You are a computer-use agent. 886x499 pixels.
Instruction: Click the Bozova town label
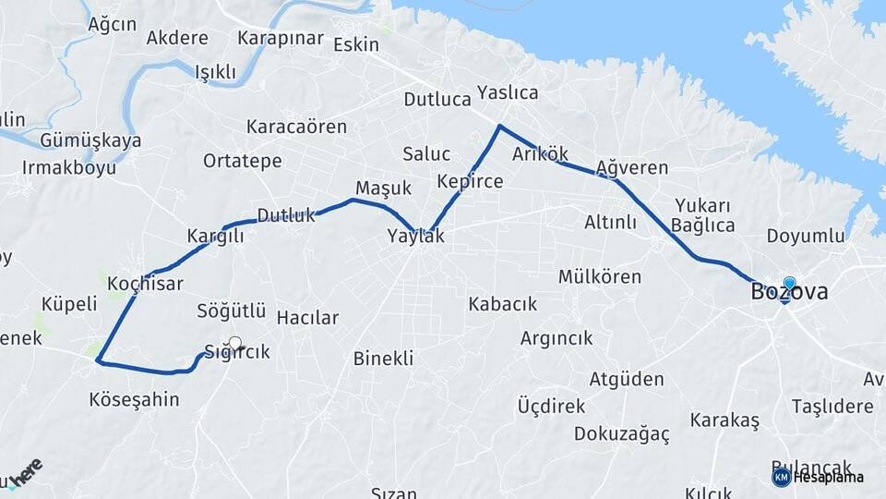coord(789,293)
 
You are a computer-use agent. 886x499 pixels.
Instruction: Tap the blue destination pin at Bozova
coord(789,284)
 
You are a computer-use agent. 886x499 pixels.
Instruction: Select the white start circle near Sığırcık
coord(234,344)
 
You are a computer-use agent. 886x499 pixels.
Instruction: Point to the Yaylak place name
coord(415,237)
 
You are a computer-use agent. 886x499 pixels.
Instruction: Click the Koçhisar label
coord(145,284)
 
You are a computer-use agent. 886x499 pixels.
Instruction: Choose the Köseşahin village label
coord(134,400)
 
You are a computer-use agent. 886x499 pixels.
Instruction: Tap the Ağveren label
coord(631,168)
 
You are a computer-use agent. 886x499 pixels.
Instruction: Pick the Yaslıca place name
coord(508,92)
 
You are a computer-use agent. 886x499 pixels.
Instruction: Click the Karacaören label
coord(296,127)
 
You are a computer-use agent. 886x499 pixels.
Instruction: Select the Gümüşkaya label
coord(90,141)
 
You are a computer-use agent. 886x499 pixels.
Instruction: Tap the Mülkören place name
coord(600,277)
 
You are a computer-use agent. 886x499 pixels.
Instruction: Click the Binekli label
coord(383,359)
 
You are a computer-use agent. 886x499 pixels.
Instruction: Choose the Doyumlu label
coord(806,236)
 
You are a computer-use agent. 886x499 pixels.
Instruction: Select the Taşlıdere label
coord(832,407)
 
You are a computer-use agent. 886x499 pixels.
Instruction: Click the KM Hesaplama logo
coord(818,477)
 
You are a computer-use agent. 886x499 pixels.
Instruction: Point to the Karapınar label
coord(281,39)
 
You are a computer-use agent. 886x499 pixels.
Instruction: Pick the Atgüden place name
coord(627,380)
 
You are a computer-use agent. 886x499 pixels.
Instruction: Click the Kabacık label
coord(503,304)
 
